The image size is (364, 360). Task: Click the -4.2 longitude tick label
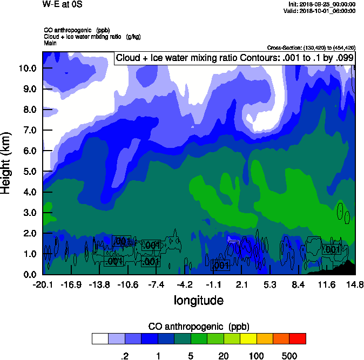point(185,285)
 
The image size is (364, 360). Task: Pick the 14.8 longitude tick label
point(354,285)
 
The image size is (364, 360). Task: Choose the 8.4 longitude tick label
point(299,285)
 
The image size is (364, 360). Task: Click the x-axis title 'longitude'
point(198,300)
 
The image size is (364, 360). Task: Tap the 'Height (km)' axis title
point(6,163)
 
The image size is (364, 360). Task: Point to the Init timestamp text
point(322,4)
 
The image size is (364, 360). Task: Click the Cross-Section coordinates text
point(311,47)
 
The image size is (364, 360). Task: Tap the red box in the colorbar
point(298,338)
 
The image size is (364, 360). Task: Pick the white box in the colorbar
point(100,338)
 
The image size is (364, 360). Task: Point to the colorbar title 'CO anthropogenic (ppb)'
point(198,327)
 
